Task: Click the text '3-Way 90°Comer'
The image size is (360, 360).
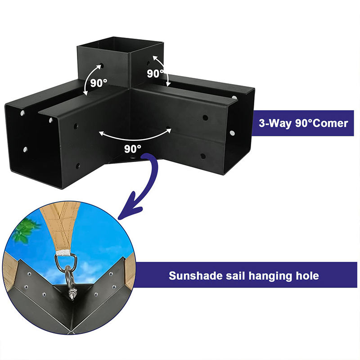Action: (x=303, y=123)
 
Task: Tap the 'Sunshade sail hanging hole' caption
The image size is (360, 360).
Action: (x=243, y=275)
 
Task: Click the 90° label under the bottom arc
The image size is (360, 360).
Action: (x=133, y=147)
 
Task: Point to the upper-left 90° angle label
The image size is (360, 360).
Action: (x=98, y=83)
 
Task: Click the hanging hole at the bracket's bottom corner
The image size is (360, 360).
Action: (x=134, y=158)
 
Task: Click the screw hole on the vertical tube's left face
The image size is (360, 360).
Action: (x=101, y=66)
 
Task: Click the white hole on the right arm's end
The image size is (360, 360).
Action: (x=233, y=133)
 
